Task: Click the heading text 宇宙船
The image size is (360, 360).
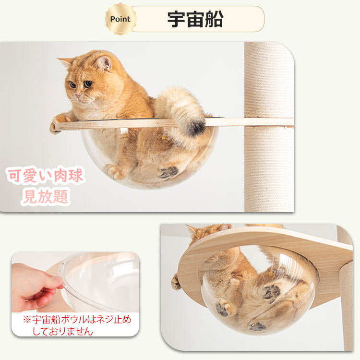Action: coord(195,19)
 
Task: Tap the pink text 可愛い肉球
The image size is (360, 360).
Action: coord(45,176)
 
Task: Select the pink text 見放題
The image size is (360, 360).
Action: coord(45,196)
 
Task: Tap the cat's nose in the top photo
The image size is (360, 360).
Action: coord(77,95)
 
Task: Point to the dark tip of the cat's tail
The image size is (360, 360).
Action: coord(195,127)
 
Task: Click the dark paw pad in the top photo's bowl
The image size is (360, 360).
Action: coord(168,172)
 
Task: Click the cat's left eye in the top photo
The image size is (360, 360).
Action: coord(87,84)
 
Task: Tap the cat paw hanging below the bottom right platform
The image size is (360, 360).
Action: coord(176,283)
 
